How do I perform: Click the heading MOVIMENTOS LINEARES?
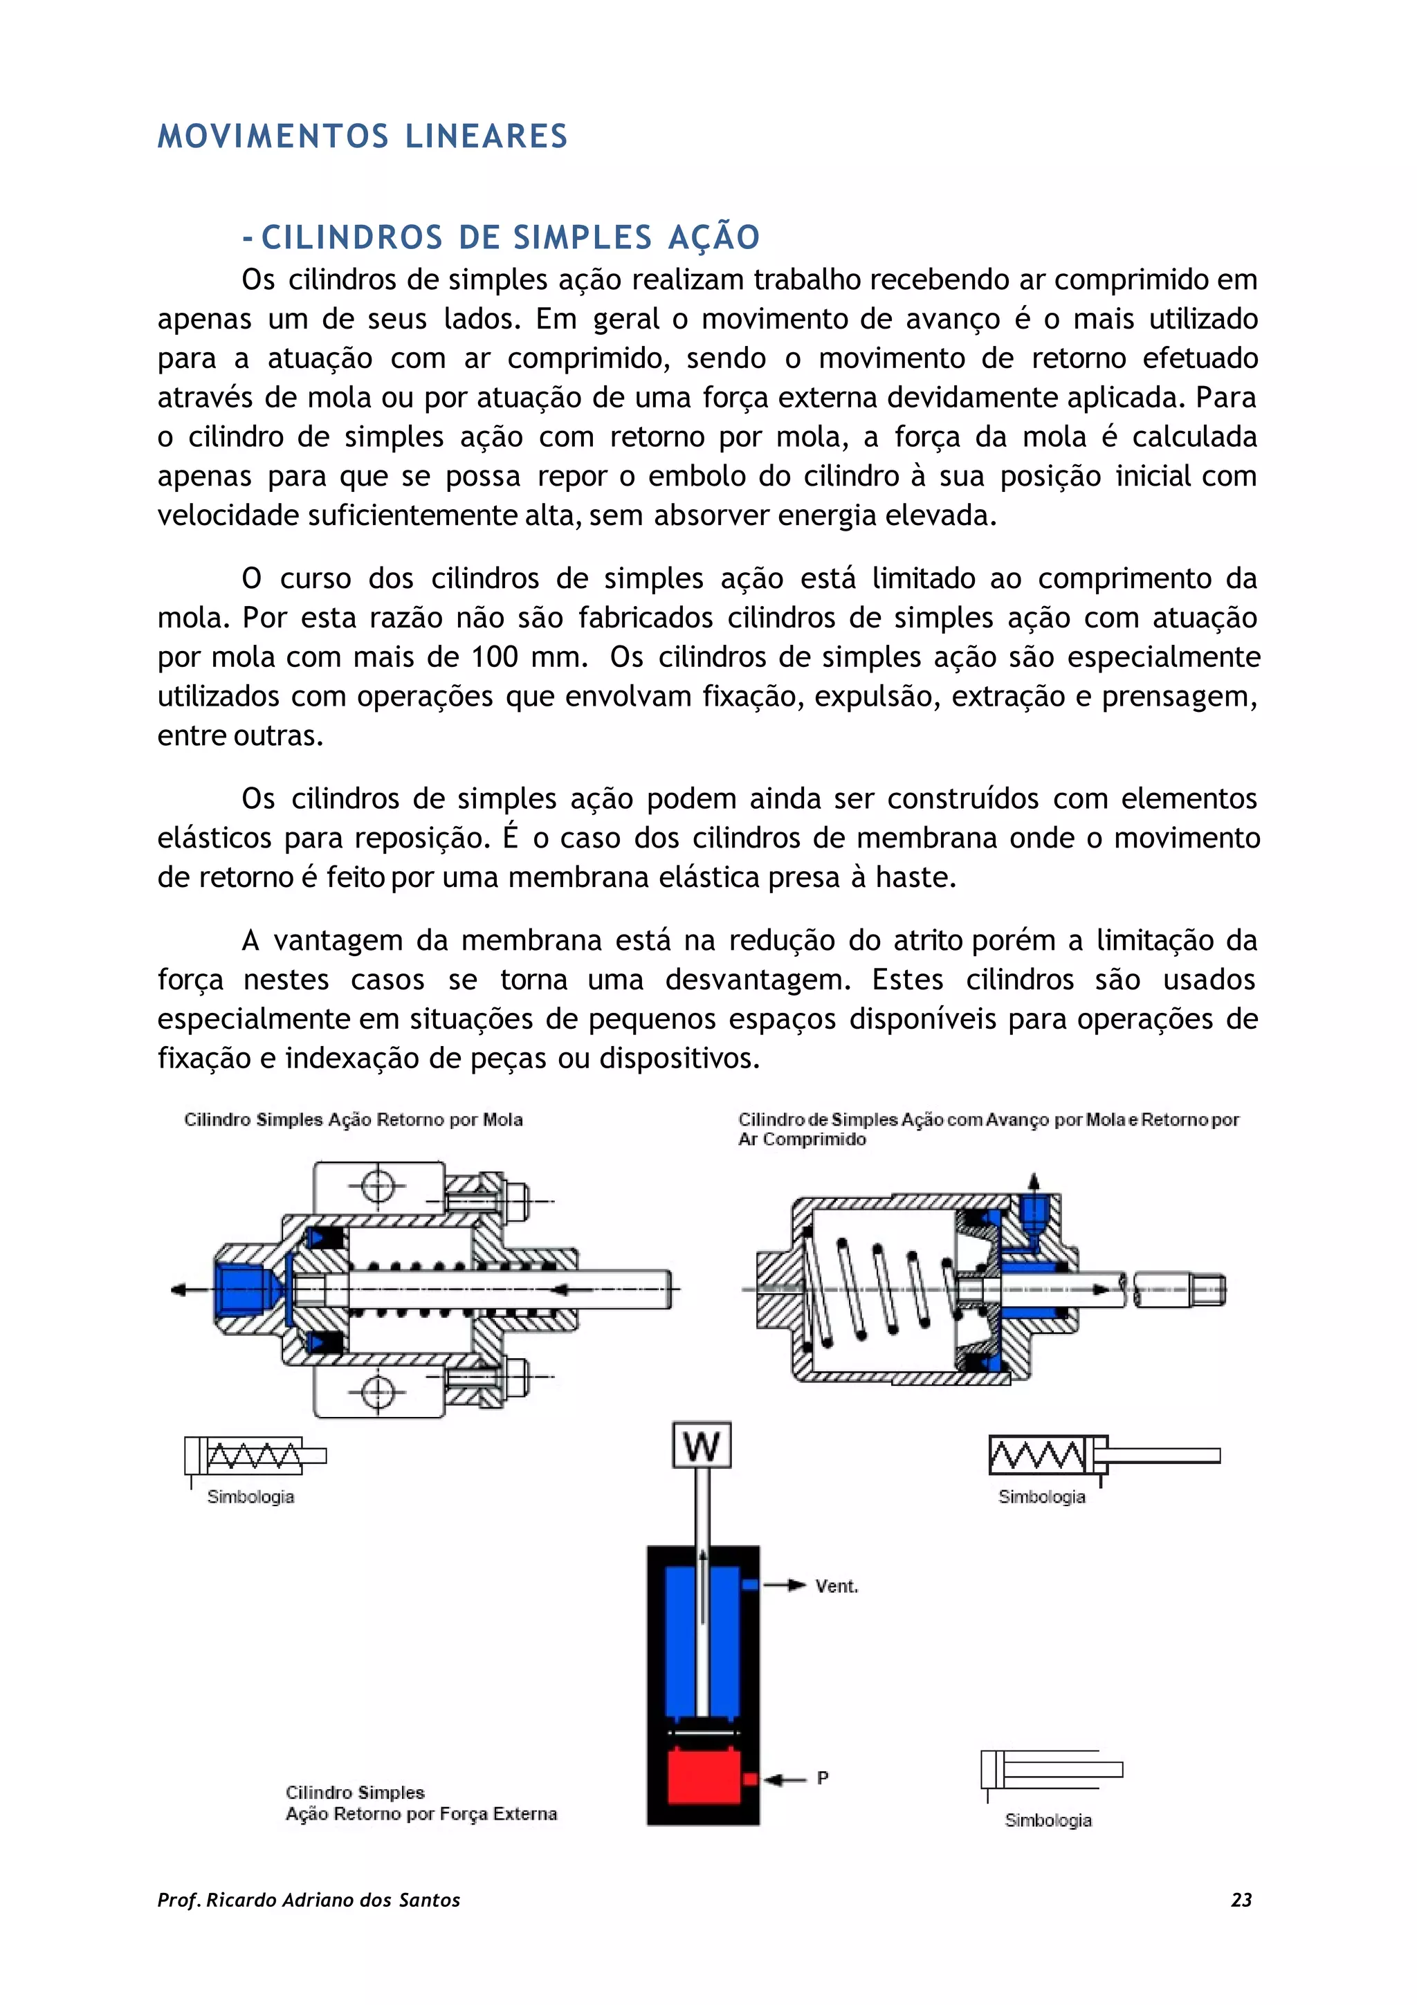[x=363, y=137]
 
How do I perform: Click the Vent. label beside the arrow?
[x=836, y=1586]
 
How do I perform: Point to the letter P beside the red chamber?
[x=821, y=1778]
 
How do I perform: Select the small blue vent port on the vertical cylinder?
[x=749, y=1585]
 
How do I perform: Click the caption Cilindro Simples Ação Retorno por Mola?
[x=353, y=1120]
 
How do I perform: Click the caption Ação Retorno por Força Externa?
[x=421, y=1814]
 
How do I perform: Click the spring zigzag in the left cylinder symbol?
[x=253, y=1456]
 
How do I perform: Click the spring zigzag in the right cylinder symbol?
[x=1036, y=1456]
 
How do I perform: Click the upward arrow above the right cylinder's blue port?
[x=1034, y=1182]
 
